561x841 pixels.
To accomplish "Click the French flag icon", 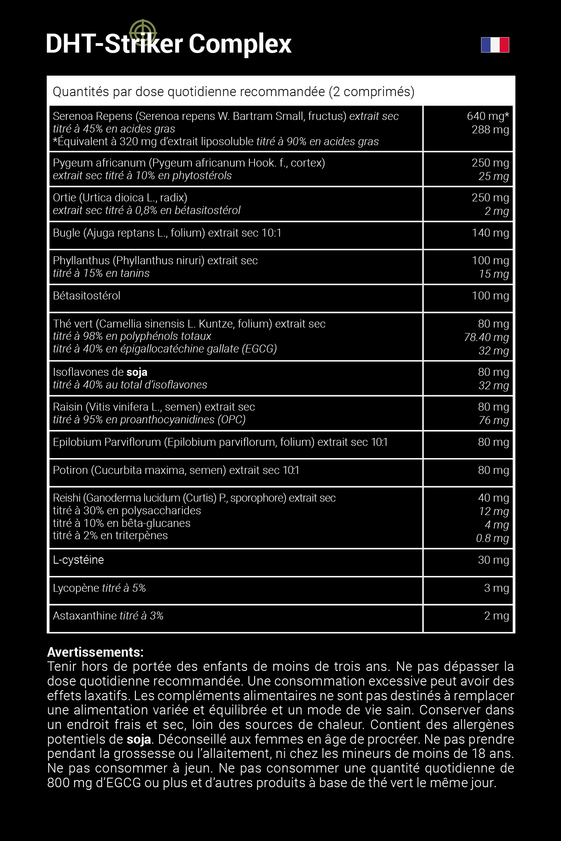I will [495, 45].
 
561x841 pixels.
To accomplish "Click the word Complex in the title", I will [240, 44].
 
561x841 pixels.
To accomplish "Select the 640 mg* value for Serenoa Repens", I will [488, 116].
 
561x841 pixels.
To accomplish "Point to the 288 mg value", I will [490, 129].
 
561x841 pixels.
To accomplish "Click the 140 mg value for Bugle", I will [490, 233].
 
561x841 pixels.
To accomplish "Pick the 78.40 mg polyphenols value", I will [486, 337].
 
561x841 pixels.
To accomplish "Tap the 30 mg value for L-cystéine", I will [493, 560].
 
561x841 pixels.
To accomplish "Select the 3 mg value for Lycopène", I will [496, 588].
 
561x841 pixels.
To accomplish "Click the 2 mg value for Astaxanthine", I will [496, 616].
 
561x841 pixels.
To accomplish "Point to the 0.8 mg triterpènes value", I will [492, 538].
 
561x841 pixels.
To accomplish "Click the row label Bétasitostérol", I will [86, 295].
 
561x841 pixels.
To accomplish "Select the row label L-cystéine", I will [78, 560].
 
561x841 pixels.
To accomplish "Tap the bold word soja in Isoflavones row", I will [137, 372].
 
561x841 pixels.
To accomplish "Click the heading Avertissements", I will [95, 652].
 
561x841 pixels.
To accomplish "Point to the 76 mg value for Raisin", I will [493, 420].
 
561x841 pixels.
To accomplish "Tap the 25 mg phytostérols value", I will [493, 176].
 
